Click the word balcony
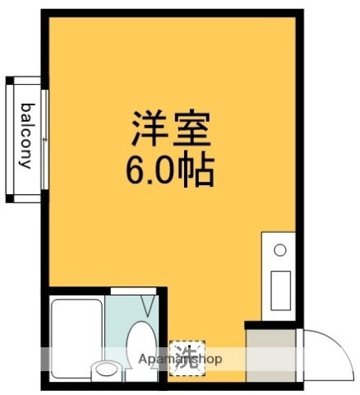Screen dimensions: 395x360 point(26,135)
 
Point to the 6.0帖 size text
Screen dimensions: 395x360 point(171,170)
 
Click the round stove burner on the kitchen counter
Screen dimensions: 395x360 point(279,249)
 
